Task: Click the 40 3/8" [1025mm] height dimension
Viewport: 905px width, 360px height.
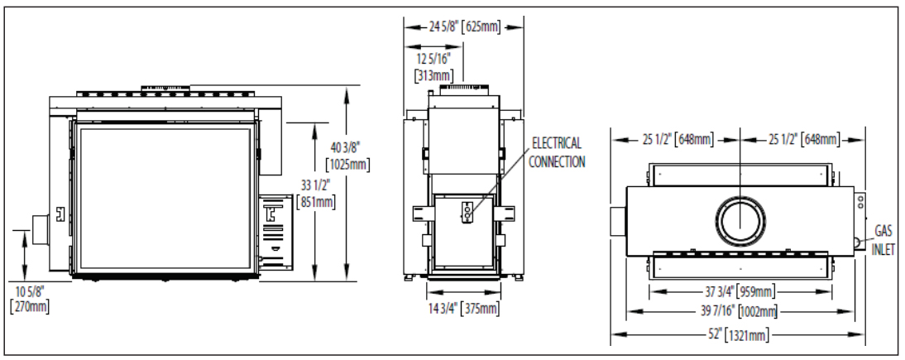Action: pos(348,156)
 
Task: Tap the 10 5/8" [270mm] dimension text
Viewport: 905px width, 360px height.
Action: pos(29,299)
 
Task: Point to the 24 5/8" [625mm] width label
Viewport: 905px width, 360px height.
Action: pos(464,26)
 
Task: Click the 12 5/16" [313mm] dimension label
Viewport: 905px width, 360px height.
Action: pos(433,66)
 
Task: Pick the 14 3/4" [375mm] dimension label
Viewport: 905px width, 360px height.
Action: pos(464,309)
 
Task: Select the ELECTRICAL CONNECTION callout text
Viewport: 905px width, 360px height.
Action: pos(557,152)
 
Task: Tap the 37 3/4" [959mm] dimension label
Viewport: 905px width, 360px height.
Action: pos(740,291)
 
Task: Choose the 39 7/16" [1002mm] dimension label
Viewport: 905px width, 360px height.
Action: pos(740,311)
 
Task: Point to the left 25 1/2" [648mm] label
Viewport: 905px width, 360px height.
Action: pos(673,138)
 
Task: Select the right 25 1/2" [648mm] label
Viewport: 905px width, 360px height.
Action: pos(802,138)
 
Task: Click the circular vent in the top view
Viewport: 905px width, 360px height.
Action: pos(739,223)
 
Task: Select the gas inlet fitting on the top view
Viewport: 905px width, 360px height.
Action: pos(858,242)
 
